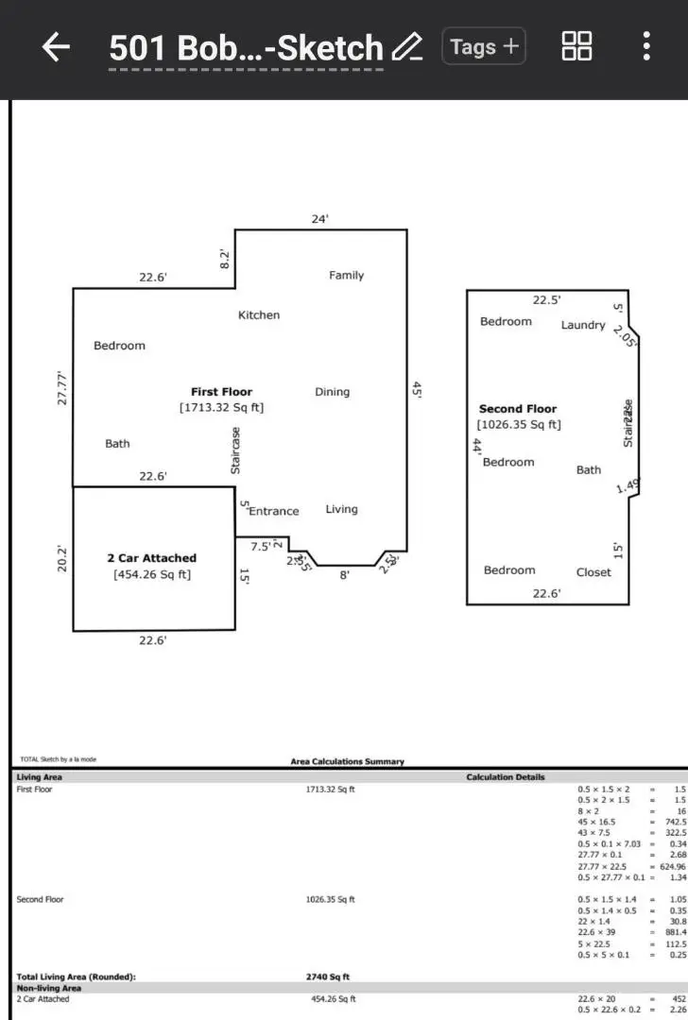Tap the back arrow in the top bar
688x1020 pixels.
[57, 47]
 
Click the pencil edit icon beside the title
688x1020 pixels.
[406, 47]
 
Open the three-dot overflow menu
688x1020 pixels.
[646, 46]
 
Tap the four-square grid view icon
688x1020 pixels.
[576, 46]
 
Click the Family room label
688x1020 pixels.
[346, 276]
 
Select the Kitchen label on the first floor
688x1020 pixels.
[258, 315]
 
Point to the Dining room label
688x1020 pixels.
[332, 392]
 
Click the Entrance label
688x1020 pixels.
[274, 511]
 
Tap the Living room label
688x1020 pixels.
[341, 509]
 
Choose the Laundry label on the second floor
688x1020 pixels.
[583, 325]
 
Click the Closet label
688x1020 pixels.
[593, 572]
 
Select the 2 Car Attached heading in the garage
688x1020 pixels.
[152, 558]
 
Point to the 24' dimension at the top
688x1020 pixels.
[320, 219]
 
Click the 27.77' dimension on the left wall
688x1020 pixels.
[62, 387]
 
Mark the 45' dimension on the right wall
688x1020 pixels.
[417, 388]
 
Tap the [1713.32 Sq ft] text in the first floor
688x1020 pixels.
[221, 408]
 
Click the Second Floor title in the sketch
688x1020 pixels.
[518, 409]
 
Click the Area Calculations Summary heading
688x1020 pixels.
[347, 761]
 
